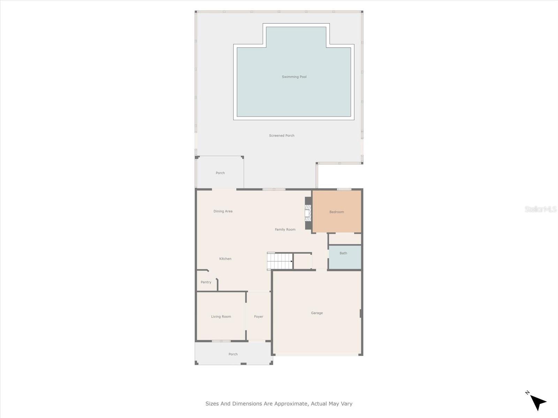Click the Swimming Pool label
(294, 77)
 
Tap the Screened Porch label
(281, 136)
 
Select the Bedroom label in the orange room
(337, 212)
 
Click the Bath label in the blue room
(343, 253)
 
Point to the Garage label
(317, 313)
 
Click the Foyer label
(258, 317)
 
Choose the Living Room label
(221, 317)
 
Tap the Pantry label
(206, 282)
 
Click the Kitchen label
(225, 259)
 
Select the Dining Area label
(223, 211)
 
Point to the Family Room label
(285, 230)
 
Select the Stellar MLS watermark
(540, 209)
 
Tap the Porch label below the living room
(233, 354)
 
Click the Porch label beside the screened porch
(220, 173)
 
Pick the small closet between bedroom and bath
(345, 239)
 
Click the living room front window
(221, 341)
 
